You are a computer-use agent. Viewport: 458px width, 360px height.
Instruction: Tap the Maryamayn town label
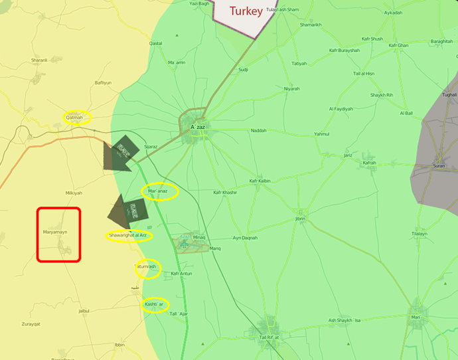click(58, 232)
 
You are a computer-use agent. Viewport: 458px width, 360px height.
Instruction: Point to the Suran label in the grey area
click(439, 165)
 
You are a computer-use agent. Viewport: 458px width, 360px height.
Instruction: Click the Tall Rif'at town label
click(270, 337)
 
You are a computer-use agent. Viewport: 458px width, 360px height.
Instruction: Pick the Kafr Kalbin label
click(260, 181)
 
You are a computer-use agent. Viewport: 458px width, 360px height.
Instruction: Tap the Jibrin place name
click(300, 219)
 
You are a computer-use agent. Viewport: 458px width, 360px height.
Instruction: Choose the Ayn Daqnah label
click(245, 238)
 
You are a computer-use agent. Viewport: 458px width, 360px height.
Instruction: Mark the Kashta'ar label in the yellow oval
click(153, 304)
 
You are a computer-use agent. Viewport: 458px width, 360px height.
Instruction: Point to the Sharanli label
click(39, 60)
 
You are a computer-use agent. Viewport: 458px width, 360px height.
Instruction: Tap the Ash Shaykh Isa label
click(344, 321)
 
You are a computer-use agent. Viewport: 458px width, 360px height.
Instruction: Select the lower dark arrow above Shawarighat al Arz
click(126, 211)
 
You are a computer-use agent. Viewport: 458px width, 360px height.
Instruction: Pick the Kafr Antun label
click(181, 274)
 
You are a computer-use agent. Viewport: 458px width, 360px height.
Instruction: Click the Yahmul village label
click(321, 134)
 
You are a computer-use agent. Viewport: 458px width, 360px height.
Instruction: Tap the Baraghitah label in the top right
click(441, 41)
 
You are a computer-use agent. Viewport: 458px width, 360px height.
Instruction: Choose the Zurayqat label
click(31, 323)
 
